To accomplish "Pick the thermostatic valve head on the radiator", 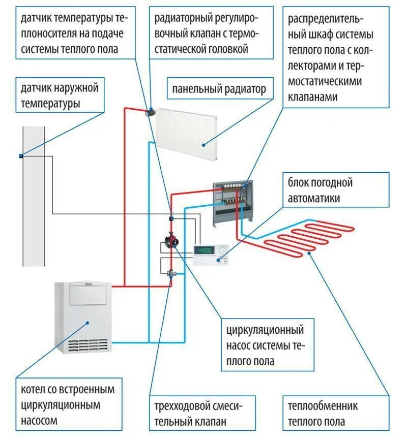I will coord(151,111).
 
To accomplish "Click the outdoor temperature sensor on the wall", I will coord(22,155).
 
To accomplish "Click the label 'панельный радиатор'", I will coord(219,90).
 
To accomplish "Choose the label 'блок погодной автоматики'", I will coord(320,190).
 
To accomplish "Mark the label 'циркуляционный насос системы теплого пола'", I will coord(265,345).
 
